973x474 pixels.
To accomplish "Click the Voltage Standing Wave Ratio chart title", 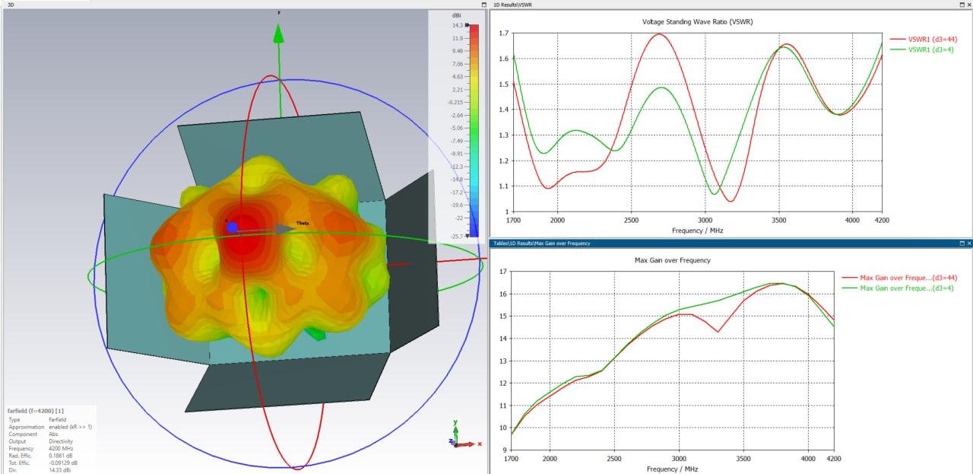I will (698, 21).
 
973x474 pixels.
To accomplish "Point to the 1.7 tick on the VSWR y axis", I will (502, 33).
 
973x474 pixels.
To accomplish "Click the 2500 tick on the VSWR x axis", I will (631, 220).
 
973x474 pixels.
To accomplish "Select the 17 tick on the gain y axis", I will (502, 272).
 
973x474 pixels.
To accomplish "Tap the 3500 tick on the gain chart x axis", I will (743, 459).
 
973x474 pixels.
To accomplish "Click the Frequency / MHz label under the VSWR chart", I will (698, 230).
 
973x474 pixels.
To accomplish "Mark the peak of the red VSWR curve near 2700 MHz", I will (657, 33).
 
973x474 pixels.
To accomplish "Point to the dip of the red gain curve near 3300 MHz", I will (717, 332).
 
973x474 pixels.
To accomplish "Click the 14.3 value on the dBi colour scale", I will (457, 25).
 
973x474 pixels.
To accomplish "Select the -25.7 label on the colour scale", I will (456, 237).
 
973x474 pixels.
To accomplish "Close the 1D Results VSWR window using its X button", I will (968, 5).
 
